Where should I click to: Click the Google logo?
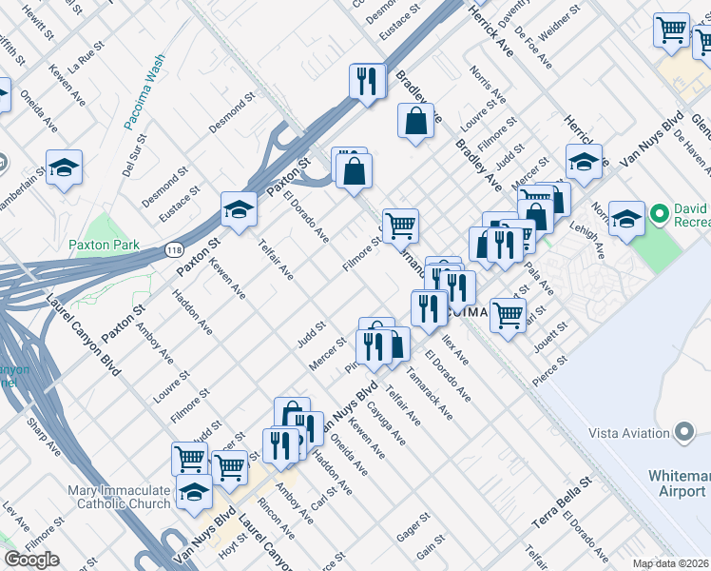coord(31,560)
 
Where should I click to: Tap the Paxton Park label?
coord(104,245)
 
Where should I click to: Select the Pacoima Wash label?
coord(144,91)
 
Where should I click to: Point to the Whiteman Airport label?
coord(679,482)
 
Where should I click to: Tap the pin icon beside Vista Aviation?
coord(682,433)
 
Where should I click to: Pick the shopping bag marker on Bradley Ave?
coord(415,121)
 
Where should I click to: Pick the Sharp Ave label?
coord(44,433)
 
